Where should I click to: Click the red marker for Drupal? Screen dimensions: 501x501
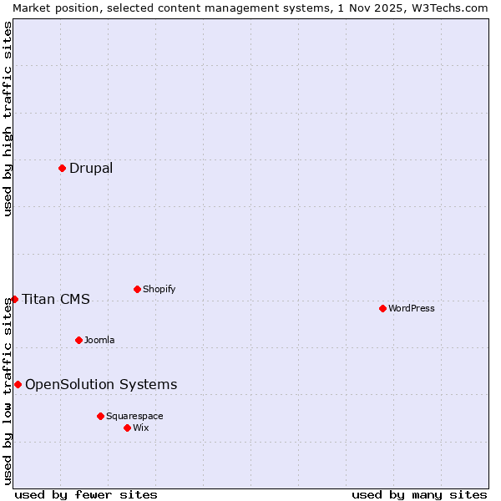[62, 168]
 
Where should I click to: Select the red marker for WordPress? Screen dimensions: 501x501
[382, 308]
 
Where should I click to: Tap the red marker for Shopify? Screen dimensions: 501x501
[137, 289]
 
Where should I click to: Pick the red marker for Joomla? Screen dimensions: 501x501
[78, 340]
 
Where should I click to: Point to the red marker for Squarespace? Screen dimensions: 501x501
[100, 416]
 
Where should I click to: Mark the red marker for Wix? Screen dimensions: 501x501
[127, 428]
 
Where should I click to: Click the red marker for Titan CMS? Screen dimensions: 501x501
[14, 299]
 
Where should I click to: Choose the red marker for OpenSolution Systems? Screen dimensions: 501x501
[18, 384]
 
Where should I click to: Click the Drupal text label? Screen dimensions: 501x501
[91, 168]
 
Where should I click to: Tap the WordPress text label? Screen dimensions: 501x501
[412, 308]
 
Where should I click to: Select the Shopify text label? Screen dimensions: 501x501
[159, 289]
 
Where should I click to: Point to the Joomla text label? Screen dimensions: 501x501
[99, 340]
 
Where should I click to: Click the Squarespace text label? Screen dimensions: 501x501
[134, 416]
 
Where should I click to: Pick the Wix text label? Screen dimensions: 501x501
[141, 428]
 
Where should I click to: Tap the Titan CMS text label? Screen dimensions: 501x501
[56, 299]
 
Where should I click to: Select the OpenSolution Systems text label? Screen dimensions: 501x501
[101, 384]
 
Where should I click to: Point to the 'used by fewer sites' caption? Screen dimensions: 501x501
[86, 494]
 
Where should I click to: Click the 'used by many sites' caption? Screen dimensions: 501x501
[419, 494]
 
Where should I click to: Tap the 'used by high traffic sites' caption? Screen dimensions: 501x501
[8, 119]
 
